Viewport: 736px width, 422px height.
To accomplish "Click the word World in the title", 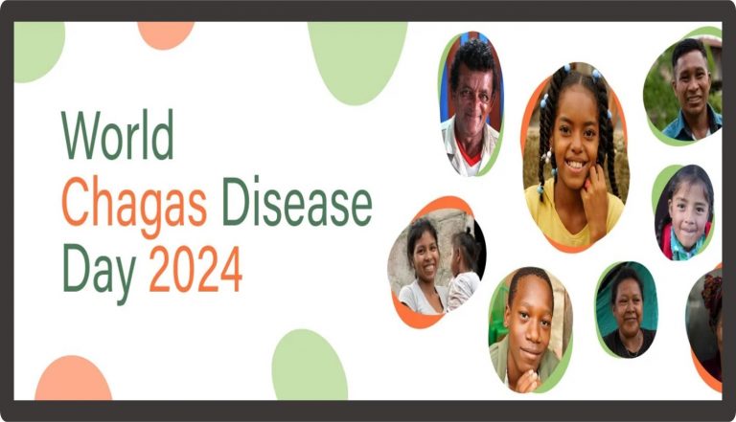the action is click(117, 135).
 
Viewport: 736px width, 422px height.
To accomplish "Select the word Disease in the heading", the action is click(297, 202).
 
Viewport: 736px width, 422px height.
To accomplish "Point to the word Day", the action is click(100, 272).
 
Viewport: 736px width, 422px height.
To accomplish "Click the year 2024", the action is click(195, 269).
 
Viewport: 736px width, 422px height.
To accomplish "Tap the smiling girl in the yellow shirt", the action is click(575, 156).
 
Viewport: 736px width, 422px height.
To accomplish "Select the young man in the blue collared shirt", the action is click(688, 90).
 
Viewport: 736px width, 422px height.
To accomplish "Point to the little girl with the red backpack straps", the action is click(685, 212).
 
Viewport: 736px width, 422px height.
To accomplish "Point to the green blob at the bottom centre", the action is click(310, 366).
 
